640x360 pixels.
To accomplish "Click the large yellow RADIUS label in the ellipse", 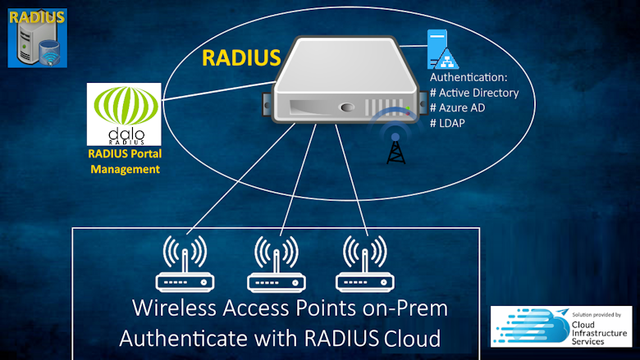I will click(x=241, y=58).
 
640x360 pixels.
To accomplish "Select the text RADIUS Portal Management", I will click(x=124, y=161).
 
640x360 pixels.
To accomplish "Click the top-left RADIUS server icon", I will click(x=37, y=38).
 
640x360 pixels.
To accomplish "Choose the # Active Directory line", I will click(x=474, y=93).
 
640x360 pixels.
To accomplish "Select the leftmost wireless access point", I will click(x=185, y=264).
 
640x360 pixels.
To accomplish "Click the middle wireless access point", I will click(x=276, y=264).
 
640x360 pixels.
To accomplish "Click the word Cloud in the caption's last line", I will click(x=411, y=337).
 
